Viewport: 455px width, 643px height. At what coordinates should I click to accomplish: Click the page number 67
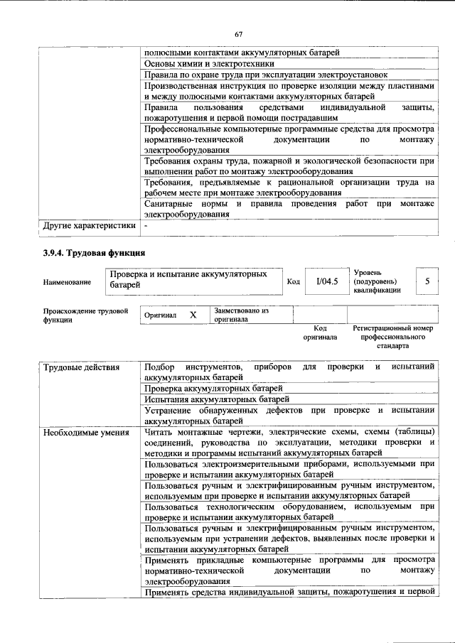tap(239, 34)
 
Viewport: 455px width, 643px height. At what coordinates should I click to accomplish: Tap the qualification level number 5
tap(427, 281)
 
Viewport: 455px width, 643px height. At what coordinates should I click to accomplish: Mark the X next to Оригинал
tap(193, 315)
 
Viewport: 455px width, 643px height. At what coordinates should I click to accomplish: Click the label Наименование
tap(67, 282)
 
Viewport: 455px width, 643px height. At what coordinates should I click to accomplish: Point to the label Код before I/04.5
tap(293, 282)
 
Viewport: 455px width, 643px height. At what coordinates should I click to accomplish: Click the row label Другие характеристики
tap(88, 226)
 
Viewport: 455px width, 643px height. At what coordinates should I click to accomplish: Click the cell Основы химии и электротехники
tap(198, 63)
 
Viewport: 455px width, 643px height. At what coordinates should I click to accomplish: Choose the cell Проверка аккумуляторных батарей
tap(213, 389)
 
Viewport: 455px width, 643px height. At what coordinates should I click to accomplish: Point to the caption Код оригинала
tap(320, 333)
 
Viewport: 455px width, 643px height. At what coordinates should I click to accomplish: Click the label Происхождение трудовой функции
tap(85, 315)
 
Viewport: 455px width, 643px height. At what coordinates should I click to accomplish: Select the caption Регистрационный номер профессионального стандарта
tap(392, 337)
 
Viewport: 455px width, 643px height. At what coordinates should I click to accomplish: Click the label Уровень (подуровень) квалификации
tap(377, 281)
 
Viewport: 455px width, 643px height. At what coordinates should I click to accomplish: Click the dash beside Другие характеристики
tap(145, 226)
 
